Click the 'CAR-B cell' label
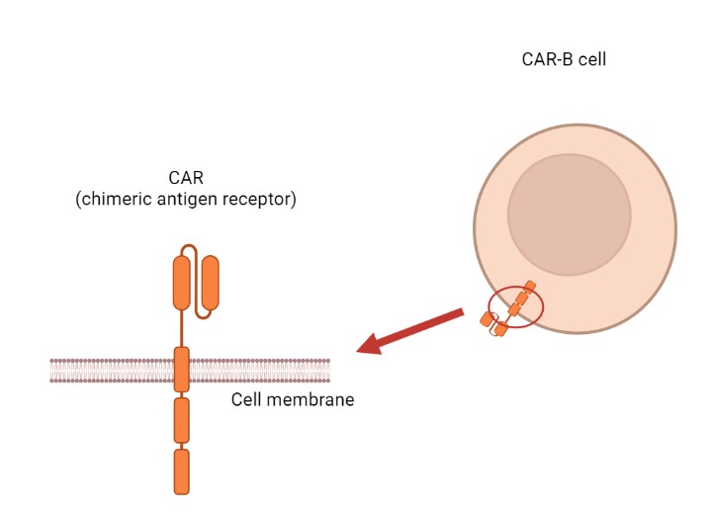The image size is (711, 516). (x=564, y=59)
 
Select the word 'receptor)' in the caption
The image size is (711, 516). (x=262, y=199)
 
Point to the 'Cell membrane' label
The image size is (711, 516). (x=293, y=400)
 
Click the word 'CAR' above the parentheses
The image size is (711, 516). (x=186, y=179)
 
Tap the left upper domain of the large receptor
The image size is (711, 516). (x=181, y=281)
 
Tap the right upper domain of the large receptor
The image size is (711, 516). (x=209, y=281)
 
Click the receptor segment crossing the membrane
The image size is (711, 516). (x=181, y=370)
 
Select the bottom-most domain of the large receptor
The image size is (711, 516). (x=181, y=472)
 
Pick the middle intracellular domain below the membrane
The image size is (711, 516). (x=181, y=420)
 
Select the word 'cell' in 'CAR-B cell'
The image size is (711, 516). (x=591, y=59)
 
